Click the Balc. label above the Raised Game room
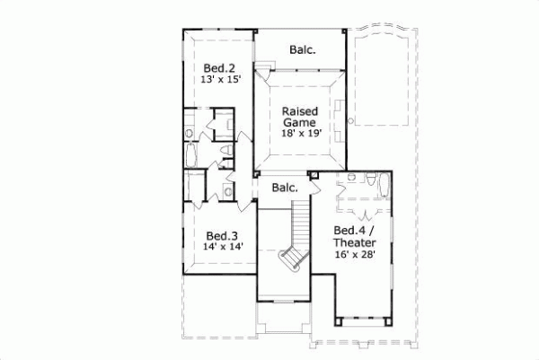pyautogui.click(x=302, y=50)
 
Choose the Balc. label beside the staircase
pyautogui.click(x=285, y=188)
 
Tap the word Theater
pyautogui.click(x=355, y=242)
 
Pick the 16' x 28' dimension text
pyautogui.click(x=355, y=255)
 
